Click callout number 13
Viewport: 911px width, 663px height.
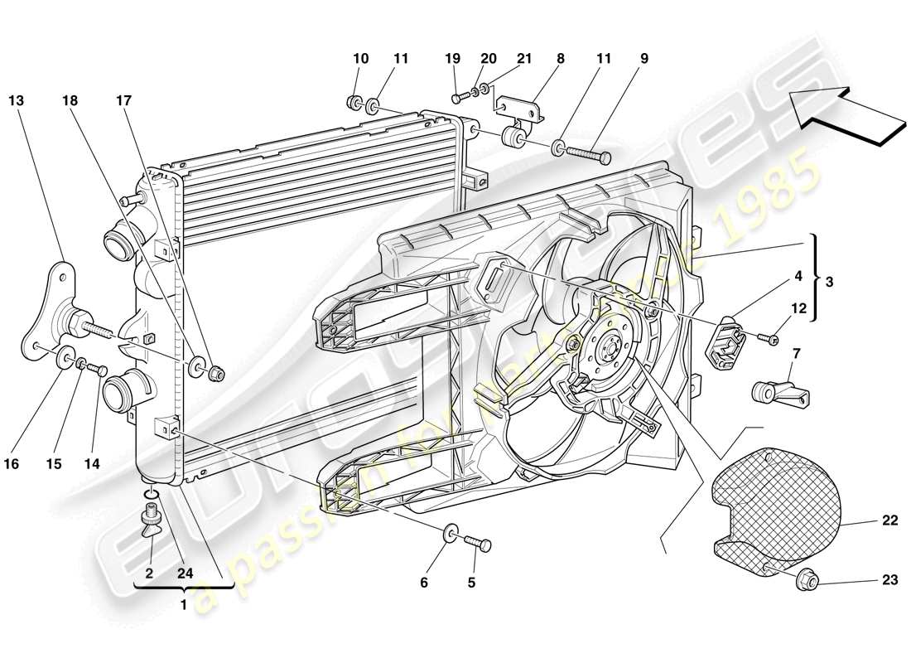[17, 100]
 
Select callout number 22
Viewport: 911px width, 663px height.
[889, 521]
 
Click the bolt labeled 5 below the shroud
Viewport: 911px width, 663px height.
[480, 543]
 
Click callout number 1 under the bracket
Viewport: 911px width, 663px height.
[184, 605]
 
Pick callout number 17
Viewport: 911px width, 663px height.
[123, 100]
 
